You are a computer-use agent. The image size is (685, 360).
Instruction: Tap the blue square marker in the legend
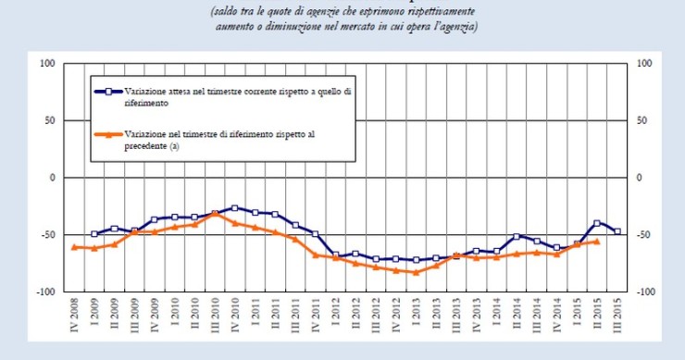click(108, 92)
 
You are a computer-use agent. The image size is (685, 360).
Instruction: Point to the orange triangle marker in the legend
click(108, 134)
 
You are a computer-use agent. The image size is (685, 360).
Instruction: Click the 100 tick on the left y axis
click(47, 64)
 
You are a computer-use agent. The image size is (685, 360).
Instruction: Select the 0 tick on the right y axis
click(634, 178)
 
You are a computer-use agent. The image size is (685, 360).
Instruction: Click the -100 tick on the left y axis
click(45, 291)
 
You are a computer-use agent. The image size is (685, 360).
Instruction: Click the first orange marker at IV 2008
click(74, 247)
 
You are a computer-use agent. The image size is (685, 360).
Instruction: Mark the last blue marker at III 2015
click(616, 231)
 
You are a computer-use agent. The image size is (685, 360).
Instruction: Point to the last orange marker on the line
click(597, 242)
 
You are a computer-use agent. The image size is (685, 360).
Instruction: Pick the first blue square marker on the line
click(94, 234)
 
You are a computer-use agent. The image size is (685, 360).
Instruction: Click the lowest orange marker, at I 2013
click(416, 272)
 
